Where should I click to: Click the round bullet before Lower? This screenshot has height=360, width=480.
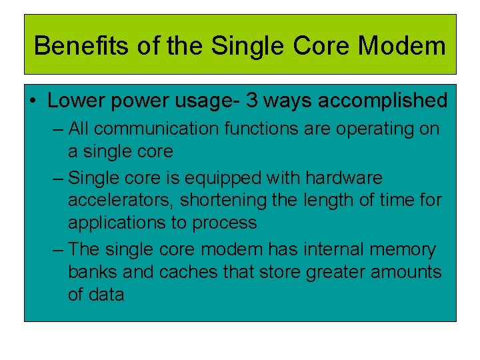click(33, 101)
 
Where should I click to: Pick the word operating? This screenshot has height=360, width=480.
click(377, 128)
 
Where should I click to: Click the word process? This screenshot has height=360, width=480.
click(223, 223)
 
